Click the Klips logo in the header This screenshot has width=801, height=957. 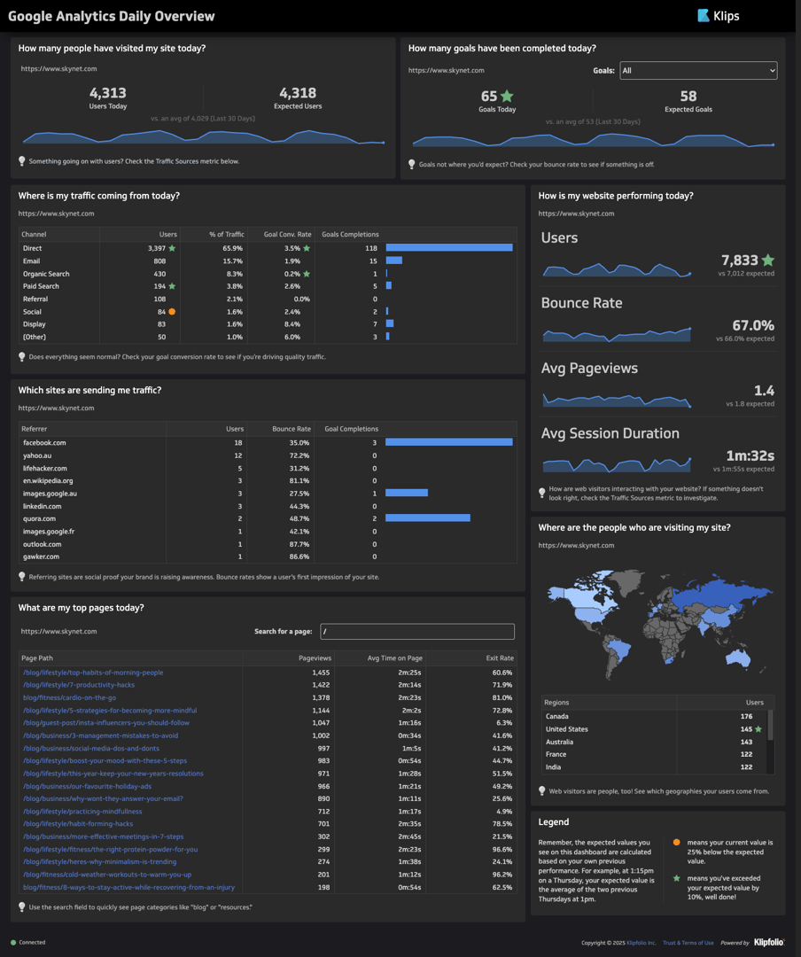pos(718,15)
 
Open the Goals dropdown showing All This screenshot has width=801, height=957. pos(698,70)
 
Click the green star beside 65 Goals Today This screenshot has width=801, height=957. pos(507,96)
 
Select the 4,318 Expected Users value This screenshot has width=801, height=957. pos(298,93)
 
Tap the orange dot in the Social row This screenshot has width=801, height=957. pos(172,312)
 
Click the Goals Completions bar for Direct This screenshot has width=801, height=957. pos(449,248)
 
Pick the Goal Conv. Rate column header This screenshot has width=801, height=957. pos(287,235)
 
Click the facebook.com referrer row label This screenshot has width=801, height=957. pos(44,442)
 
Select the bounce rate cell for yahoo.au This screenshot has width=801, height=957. pos(299,455)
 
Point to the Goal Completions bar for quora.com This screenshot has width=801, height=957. pos(427,518)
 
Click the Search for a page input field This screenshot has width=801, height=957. pos(417,632)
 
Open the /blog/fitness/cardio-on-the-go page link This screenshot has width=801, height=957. pos(69,697)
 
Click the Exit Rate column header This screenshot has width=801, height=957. pos(500,658)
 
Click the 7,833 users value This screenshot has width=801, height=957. pos(739,261)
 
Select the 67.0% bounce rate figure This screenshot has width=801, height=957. pos(752,326)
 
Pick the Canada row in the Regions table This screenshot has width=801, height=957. pos(558,716)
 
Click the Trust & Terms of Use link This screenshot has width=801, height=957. pos(688,943)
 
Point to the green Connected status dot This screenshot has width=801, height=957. pos(13,943)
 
